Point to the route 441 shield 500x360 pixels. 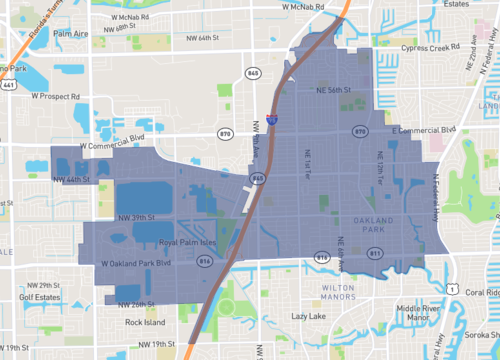click(x=8, y=87)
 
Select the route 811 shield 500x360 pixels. click(x=375, y=256)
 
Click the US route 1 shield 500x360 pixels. click(x=453, y=290)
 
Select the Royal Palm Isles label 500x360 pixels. click(x=167, y=242)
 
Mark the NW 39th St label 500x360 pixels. click(x=138, y=217)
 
